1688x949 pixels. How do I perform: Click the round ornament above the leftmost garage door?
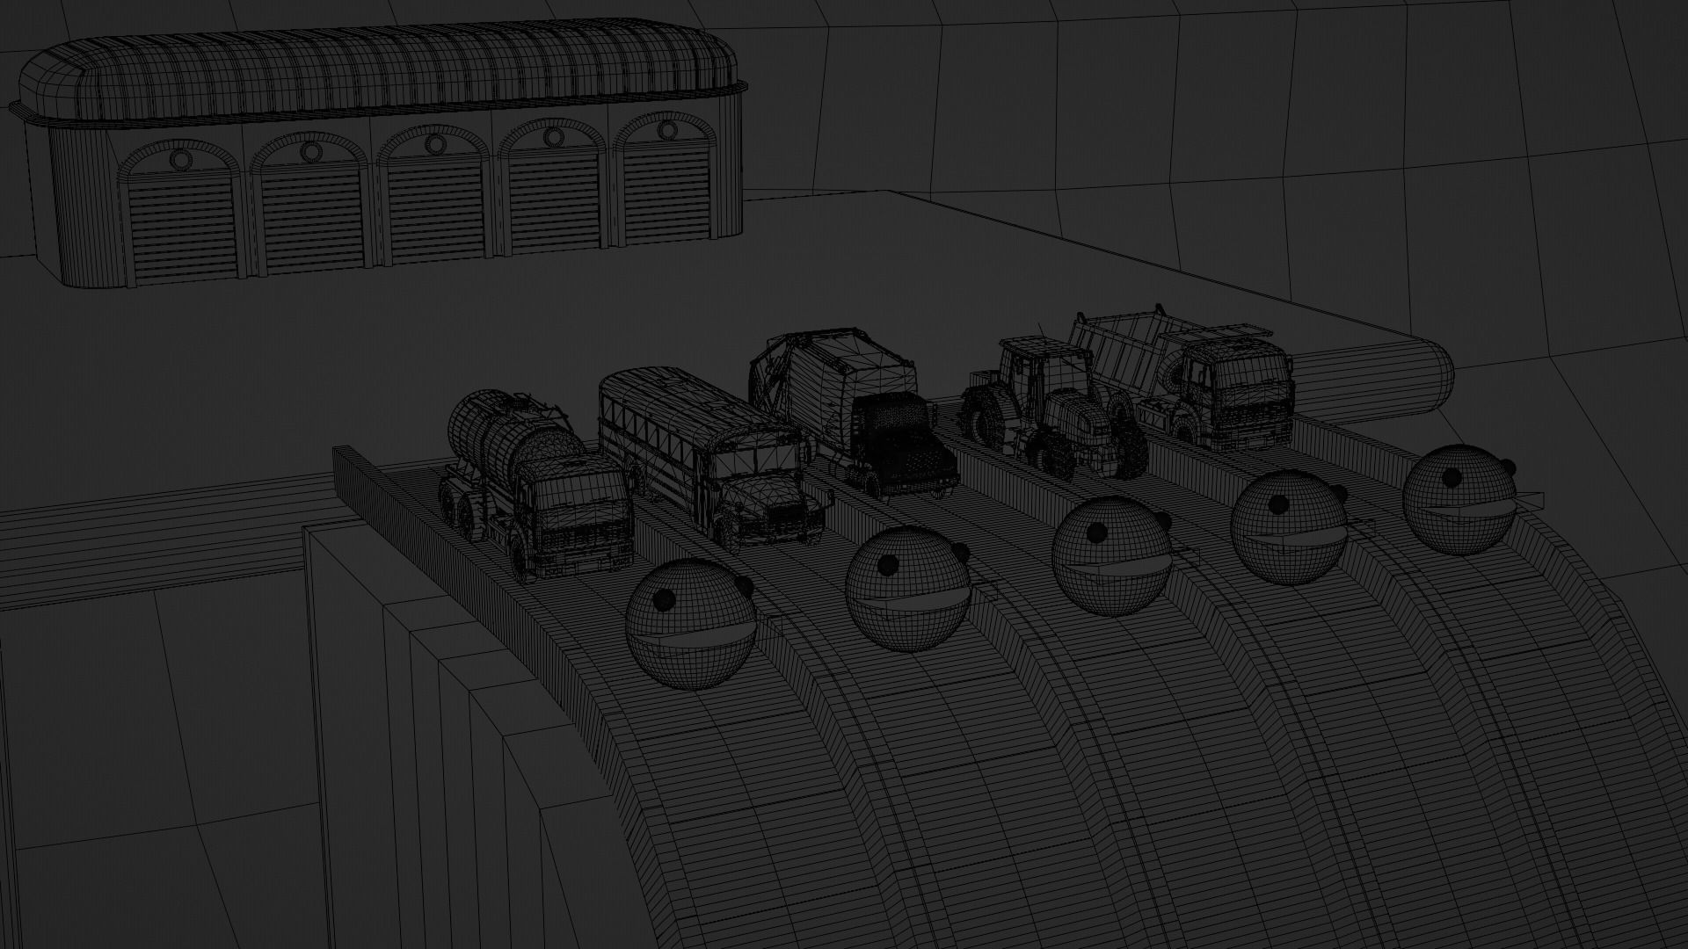click(x=179, y=160)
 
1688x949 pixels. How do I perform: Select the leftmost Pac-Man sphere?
click(x=690, y=624)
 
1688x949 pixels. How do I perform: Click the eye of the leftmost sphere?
click(x=665, y=599)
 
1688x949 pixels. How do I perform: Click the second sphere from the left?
click(x=906, y=589)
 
